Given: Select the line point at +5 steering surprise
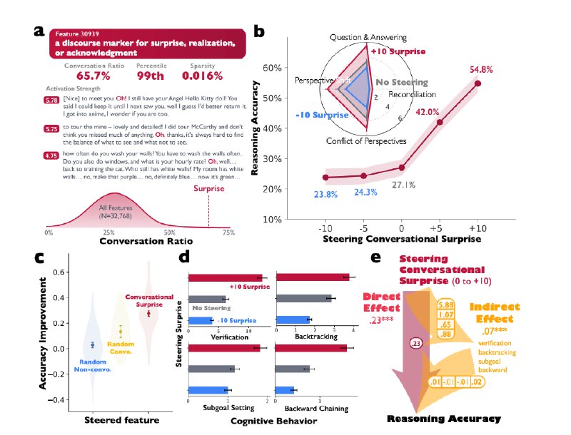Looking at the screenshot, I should [x=440, y=122].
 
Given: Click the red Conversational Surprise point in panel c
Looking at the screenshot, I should [x=148, y=313].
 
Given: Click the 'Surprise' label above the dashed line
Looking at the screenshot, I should [x=208, y=190].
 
